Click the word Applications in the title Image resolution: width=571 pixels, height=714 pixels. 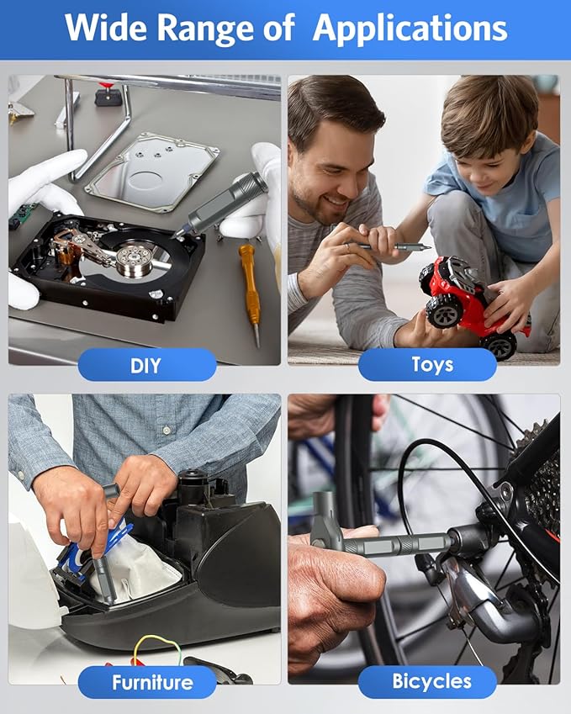[410, 29]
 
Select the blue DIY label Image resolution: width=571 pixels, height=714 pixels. [147, 365]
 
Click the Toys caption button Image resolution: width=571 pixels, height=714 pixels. [427, 364]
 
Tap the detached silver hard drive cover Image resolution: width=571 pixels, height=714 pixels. [152, 172]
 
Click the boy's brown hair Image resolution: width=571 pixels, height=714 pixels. [489, 112]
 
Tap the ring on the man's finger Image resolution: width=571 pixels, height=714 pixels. [347, 247]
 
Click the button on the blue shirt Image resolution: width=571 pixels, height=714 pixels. [167, 430]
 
